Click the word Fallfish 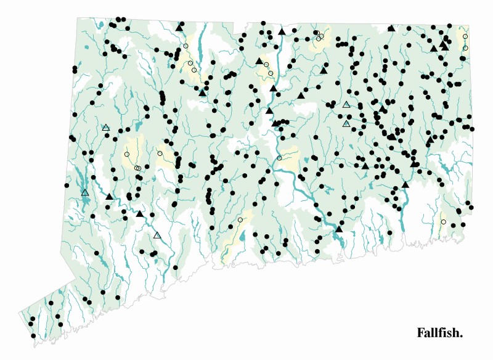(x=439, y=333)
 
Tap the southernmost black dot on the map (x=33, y=336)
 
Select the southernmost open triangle (x=157, y=235)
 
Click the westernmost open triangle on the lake (x=85, y=193)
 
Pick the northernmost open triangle (x=346, y=105)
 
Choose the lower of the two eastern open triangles (x=346, y=124)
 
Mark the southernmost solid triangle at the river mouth (x=338, y=229)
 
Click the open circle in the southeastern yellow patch (x=444, y=222)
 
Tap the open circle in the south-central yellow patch (x=240, y=220)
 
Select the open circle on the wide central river (x=279, y=158)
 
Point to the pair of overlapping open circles (x=138, y=168)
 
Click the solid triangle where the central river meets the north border (x=282, y=31)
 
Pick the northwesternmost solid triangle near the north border (x=179, y=28)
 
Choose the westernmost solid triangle (x=110, y=197)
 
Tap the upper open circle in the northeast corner (x=465, y=36)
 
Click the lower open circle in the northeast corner (x=465, y=48)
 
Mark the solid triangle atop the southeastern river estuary (x=405, y=184)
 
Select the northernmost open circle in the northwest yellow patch (x=185, y=46)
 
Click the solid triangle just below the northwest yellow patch (x=202, y=92)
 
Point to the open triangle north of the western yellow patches (x=106, y=128)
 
